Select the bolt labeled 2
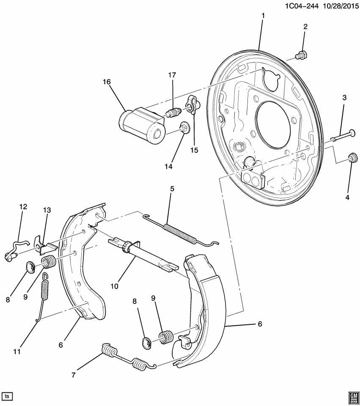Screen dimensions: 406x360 pos(302,55)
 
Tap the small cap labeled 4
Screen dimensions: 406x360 pos(352,158)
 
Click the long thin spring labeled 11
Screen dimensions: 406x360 pos(44,296)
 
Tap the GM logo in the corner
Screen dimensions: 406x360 pos(352,395)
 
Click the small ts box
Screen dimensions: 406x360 pos(7,396)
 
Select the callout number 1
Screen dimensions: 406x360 pos(263,16)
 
